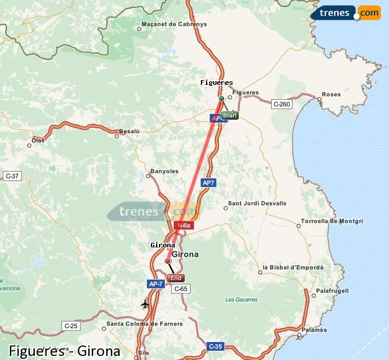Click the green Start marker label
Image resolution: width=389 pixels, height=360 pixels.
pos(229,116)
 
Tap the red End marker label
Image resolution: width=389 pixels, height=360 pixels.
pos(175,278)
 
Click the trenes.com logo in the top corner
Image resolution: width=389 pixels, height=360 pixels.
pos(345,12)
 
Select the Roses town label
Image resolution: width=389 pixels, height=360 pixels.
pos(331,94)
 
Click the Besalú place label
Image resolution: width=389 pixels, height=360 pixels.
pos(129,131)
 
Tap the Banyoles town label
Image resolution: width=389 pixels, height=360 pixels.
pos(164,171)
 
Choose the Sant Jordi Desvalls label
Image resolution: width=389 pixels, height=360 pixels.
pos(257,203)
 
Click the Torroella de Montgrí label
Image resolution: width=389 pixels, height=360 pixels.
pos(332,221)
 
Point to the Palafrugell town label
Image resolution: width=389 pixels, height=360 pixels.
pos(332,290)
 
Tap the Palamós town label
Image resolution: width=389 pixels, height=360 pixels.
pos(314,329)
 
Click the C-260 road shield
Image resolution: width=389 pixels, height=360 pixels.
pos(281,104)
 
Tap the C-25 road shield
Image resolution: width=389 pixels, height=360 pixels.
pos(71,326)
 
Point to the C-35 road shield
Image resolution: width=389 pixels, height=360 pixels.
pos(215,347)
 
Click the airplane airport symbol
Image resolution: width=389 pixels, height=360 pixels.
pos(145,304)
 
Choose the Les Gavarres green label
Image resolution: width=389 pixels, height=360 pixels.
pos(237,300)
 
